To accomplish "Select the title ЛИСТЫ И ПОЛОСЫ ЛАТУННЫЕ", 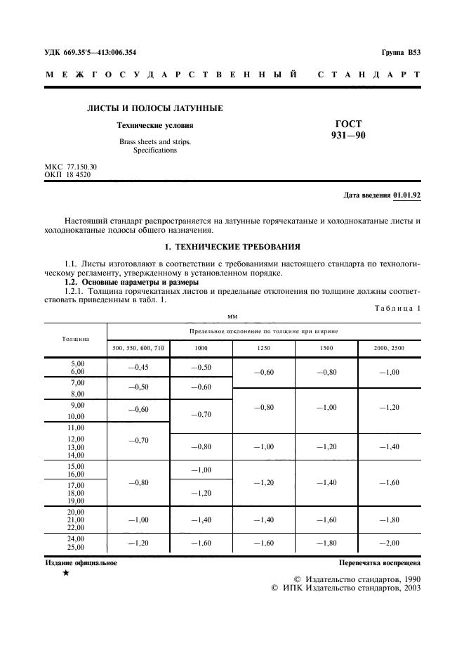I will click(x=154, y=108).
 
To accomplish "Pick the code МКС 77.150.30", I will click(x=71, y=167).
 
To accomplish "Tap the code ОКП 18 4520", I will click(x=68, y=174).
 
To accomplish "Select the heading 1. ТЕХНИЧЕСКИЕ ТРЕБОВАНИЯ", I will click(x=232, y=247).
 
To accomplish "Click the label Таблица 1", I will click(x=397, y=308).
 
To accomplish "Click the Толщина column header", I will click(x=75, y=338).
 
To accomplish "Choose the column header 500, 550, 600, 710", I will click(x=138, y=348).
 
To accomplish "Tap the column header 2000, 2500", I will click(x=389, y=348).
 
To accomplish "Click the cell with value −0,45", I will click(x=138, y=366).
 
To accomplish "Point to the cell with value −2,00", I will click(x=389, y=543).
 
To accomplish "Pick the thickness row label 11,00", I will click(x=75, y=427).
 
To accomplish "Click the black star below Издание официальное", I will click(x=65, y=574).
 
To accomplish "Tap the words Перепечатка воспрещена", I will click(x=379, y=563).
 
